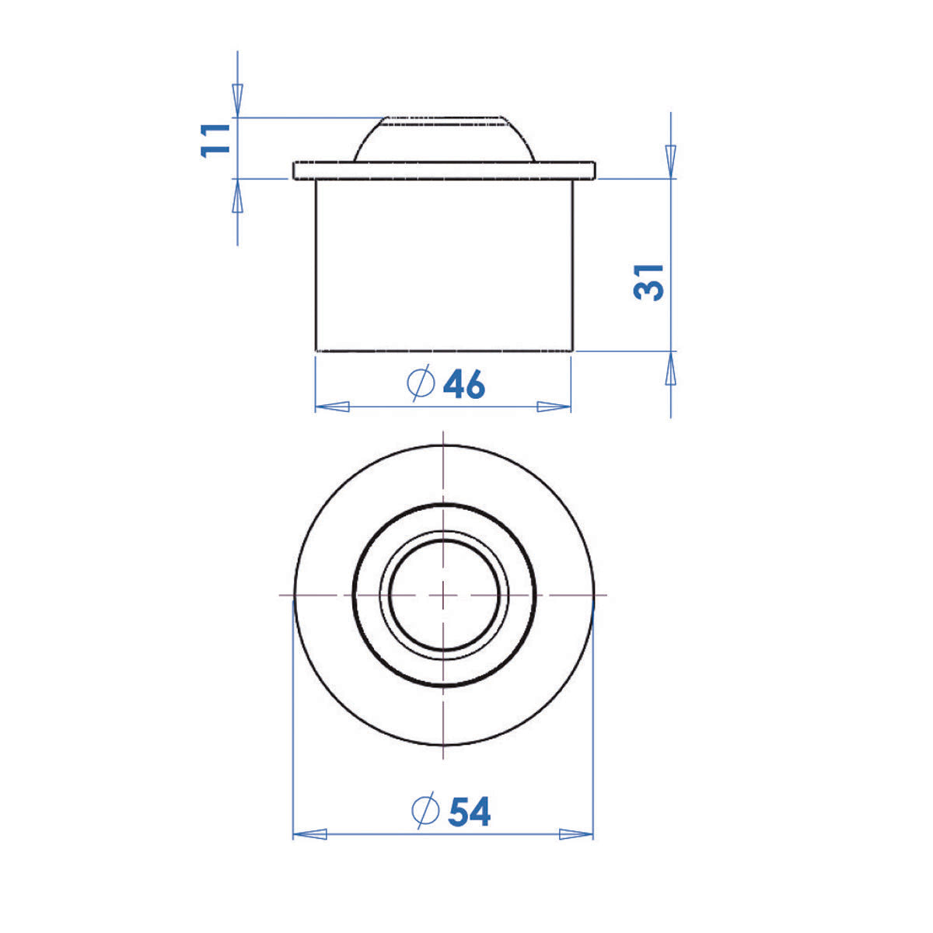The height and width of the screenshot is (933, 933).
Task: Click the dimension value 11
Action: coord(215,141)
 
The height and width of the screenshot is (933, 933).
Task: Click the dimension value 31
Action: coord(648,282)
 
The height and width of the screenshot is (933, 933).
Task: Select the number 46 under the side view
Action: coord(464,384)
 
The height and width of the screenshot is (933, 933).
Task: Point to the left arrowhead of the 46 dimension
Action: coord(332,406)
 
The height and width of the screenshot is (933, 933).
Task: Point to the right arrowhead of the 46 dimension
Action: coord(554,406)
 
